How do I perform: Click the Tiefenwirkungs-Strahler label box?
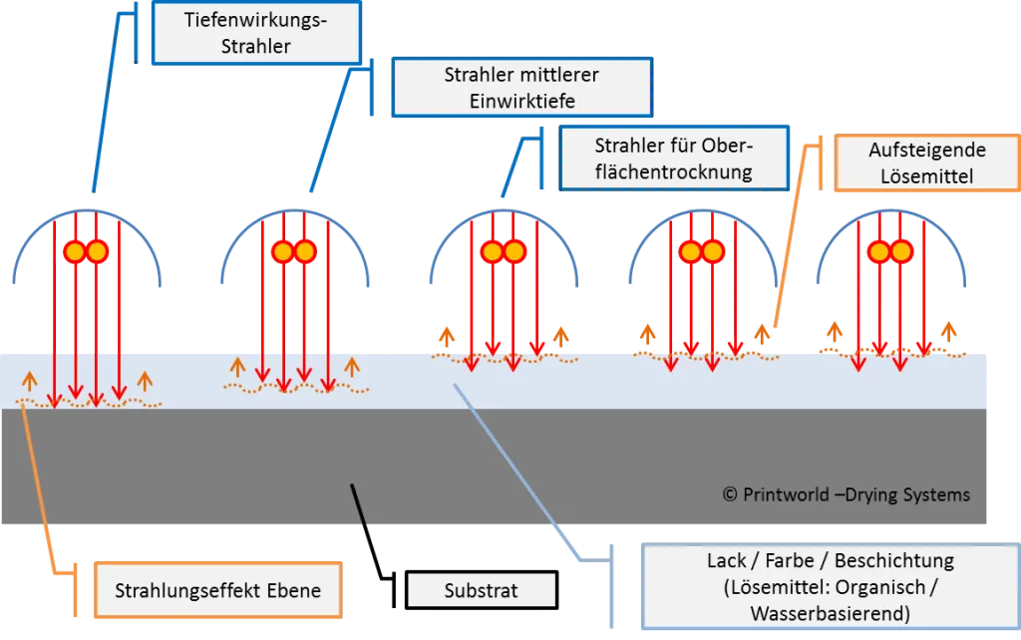click(x=256, y=33)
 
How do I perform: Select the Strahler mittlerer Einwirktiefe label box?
click(x=521, y=88)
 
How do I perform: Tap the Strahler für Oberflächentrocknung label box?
click(x=674, y=159)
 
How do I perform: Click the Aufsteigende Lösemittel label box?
click(x=927, y=162)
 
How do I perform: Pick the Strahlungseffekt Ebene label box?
click(x=218, y=590)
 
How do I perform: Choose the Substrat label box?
click(x=482, y=590)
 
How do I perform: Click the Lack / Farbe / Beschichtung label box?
click(x=831, y=586)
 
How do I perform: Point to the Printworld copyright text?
click(x=847, y=494)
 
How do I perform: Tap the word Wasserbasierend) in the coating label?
click(x=831, y=613)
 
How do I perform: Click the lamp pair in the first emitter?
click(x=86, y=251)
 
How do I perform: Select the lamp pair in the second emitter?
click(x=294, y=251)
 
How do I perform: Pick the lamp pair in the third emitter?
click(x=504, y=251)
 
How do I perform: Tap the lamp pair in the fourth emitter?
click(x=702, y=251)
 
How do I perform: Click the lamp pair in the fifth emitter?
click(x=890, y=251)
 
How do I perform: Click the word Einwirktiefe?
click(x=522, y=101)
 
